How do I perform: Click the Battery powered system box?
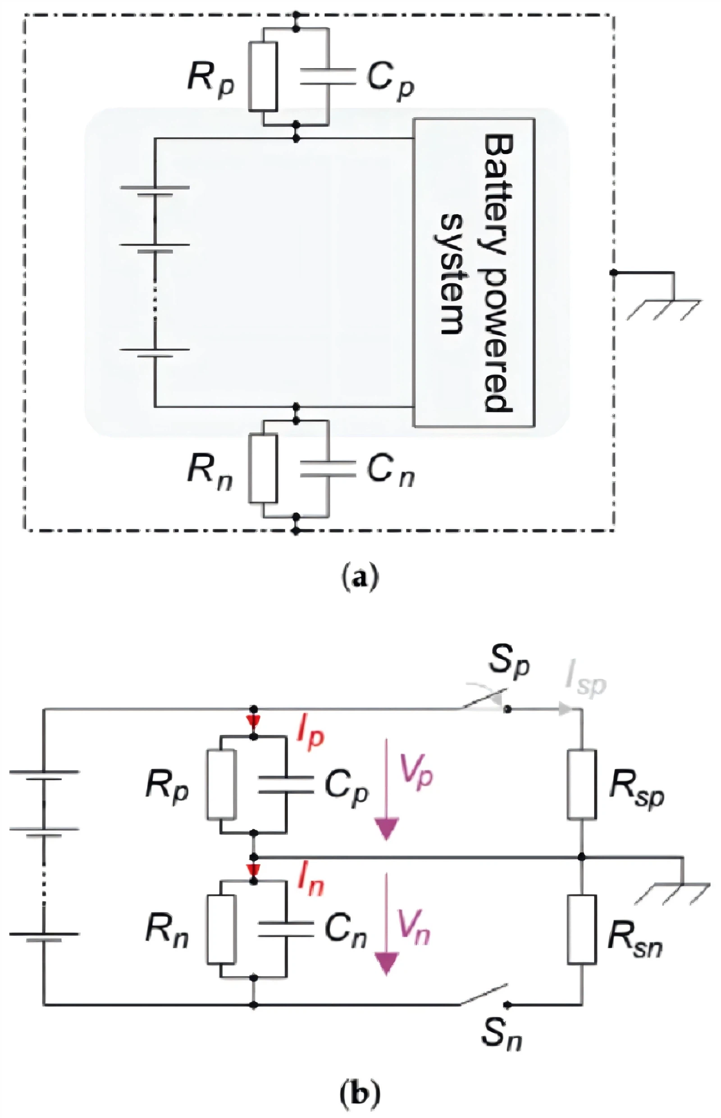(x=474, y=272)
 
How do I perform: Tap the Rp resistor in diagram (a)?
(x=263, y=76)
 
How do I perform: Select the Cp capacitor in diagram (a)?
(x=328, y=76)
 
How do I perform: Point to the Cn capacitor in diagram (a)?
(x=328, y=469)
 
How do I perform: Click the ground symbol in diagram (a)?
(x=665, y=297)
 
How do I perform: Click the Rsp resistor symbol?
(x=581, y=784)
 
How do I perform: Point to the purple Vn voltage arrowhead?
(x=386, y=964)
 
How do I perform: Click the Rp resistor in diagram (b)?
(x=221, y=784)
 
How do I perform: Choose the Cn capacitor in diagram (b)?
(x=286, y=929)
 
